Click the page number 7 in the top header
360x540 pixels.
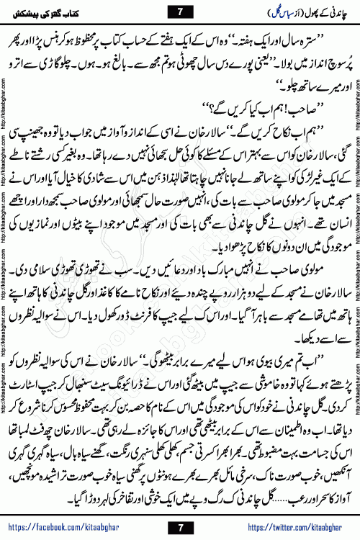tap(180, 11)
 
